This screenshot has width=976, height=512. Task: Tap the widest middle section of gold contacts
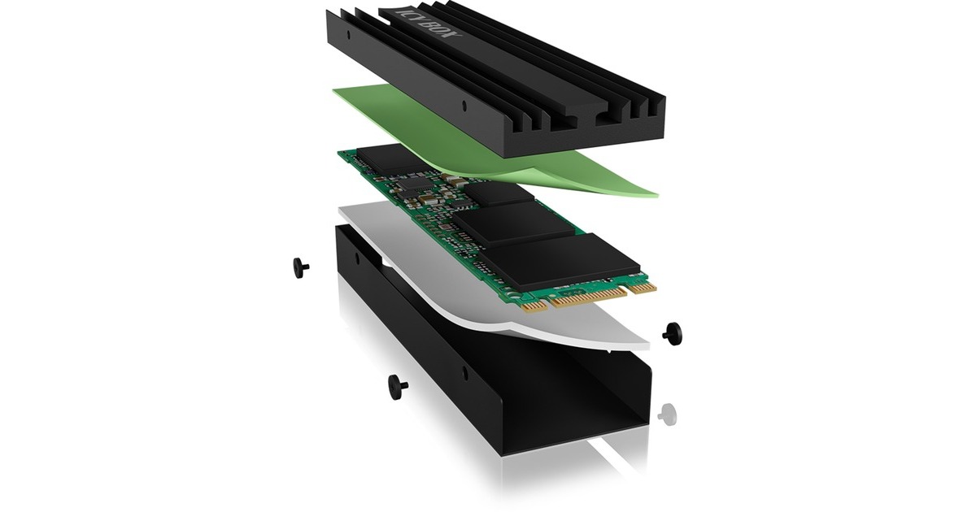pyautogui.click(x=589, y=297)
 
